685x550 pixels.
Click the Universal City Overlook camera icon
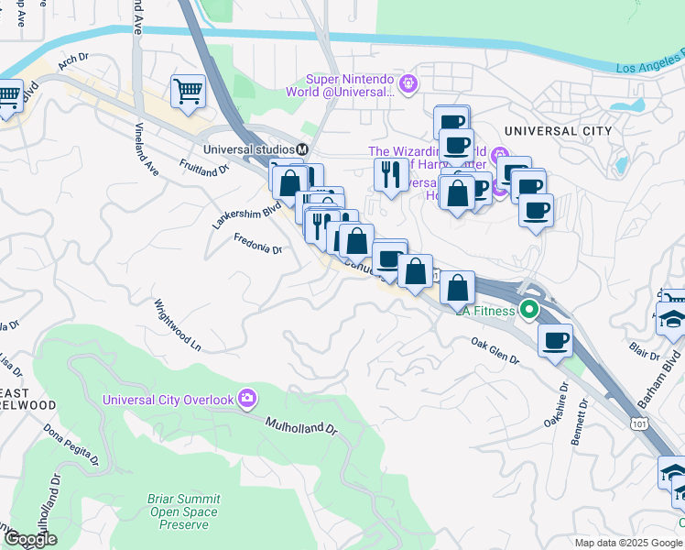[x=246, y=398]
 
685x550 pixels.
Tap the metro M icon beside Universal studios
[x=301, y=149]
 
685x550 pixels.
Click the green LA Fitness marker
[x=529, y=310]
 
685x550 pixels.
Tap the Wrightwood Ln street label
[x=177, y=324]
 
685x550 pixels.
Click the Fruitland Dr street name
[x=204, y=170]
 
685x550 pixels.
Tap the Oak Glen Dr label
[x=495, y=351]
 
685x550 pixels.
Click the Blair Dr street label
[x=645, y=350]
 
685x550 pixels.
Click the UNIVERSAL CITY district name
[x=559, y=131]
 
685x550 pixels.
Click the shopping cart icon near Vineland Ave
[x=188, y=90]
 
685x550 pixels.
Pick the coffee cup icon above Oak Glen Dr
[x=555, y=340]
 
